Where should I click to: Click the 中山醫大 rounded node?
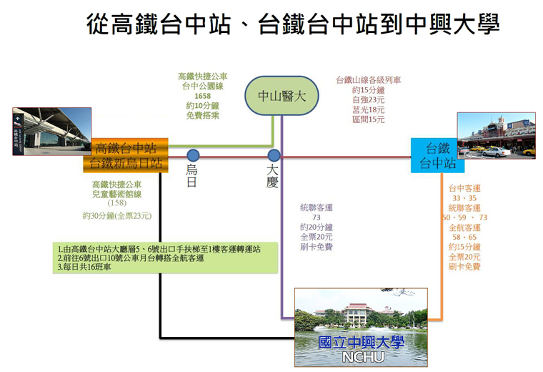(x=282, y=96)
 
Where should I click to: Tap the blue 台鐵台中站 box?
(x=437, y=155)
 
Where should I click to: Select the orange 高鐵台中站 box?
(x=126, y=155)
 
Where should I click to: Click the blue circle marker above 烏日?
(x=193, y=155)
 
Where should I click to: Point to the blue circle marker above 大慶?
(x=274, y=155)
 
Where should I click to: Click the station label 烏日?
(x=191, y=175)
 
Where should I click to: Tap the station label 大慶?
(x=272, y=175)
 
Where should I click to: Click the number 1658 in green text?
(x=203, y=96)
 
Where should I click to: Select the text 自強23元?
(x=369, y=100)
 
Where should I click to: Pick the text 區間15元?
(x=369, y=119)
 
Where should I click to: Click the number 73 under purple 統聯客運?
(x=317, y=217)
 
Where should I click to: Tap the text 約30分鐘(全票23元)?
(x=117, y=216)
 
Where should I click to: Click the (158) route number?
(x=117, y=203)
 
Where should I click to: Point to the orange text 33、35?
(x=464, y=198)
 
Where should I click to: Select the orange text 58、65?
(x=464, y=237)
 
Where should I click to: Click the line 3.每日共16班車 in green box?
(x=84, y=267)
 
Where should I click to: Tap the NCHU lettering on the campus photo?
(x=362, y=357)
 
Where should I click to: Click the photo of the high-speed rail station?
(x=52, y=132)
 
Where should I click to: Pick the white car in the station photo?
(x=496, y=152)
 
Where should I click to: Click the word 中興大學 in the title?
(x=452, y=24)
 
